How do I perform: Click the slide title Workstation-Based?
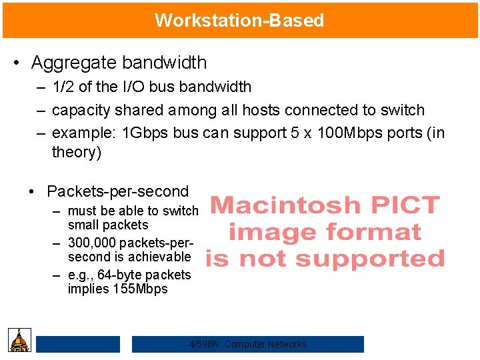pos(239,20)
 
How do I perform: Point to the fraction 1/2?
pos(63,87)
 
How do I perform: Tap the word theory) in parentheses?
pos(77,152)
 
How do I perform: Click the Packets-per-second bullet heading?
pos(118,191)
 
